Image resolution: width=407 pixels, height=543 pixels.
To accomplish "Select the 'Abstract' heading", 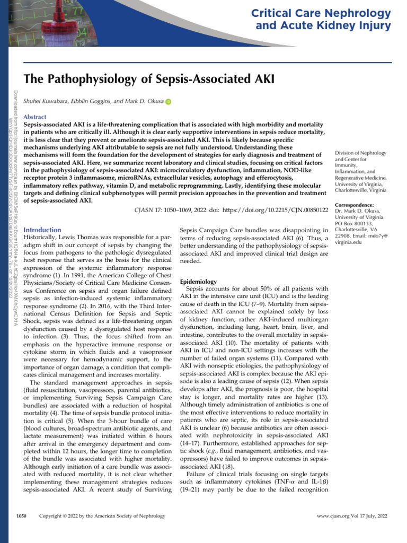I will (x=35, y=117).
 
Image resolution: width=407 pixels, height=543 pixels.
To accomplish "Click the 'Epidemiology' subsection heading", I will (x=199, y=281).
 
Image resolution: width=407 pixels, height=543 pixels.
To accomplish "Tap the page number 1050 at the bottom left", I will (x=21, y=515).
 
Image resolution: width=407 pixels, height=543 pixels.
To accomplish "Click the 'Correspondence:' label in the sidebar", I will (x=355, y=205).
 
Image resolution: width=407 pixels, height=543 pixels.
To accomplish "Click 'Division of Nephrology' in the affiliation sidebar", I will (x=360, y=153).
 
